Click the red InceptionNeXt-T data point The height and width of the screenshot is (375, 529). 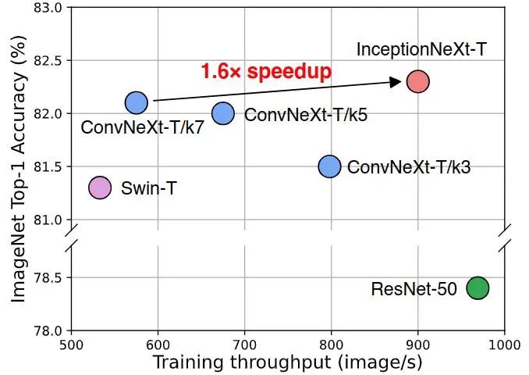[418, 81]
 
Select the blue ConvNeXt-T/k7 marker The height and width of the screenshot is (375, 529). [137, 102]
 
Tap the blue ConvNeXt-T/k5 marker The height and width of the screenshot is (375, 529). [223, 113]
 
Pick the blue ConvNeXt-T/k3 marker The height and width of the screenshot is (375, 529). [330, 166]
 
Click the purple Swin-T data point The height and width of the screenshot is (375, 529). [100, 187]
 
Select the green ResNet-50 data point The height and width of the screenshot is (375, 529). [478, 287]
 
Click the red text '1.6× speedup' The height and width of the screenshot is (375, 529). [266, 72]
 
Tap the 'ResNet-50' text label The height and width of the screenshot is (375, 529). [414, 289]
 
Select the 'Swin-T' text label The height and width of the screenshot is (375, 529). [148, 188]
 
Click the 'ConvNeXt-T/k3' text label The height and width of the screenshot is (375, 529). [409, 167]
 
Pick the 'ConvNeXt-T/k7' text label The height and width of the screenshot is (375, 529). [142, 127]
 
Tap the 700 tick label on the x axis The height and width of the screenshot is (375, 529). [245, 343]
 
